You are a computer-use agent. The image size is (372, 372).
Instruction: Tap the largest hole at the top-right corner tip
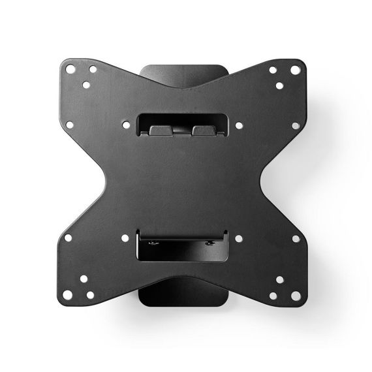pos(296,70)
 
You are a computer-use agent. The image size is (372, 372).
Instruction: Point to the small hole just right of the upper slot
pos(239,125)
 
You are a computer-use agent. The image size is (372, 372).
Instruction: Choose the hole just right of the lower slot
pos(239,238)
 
